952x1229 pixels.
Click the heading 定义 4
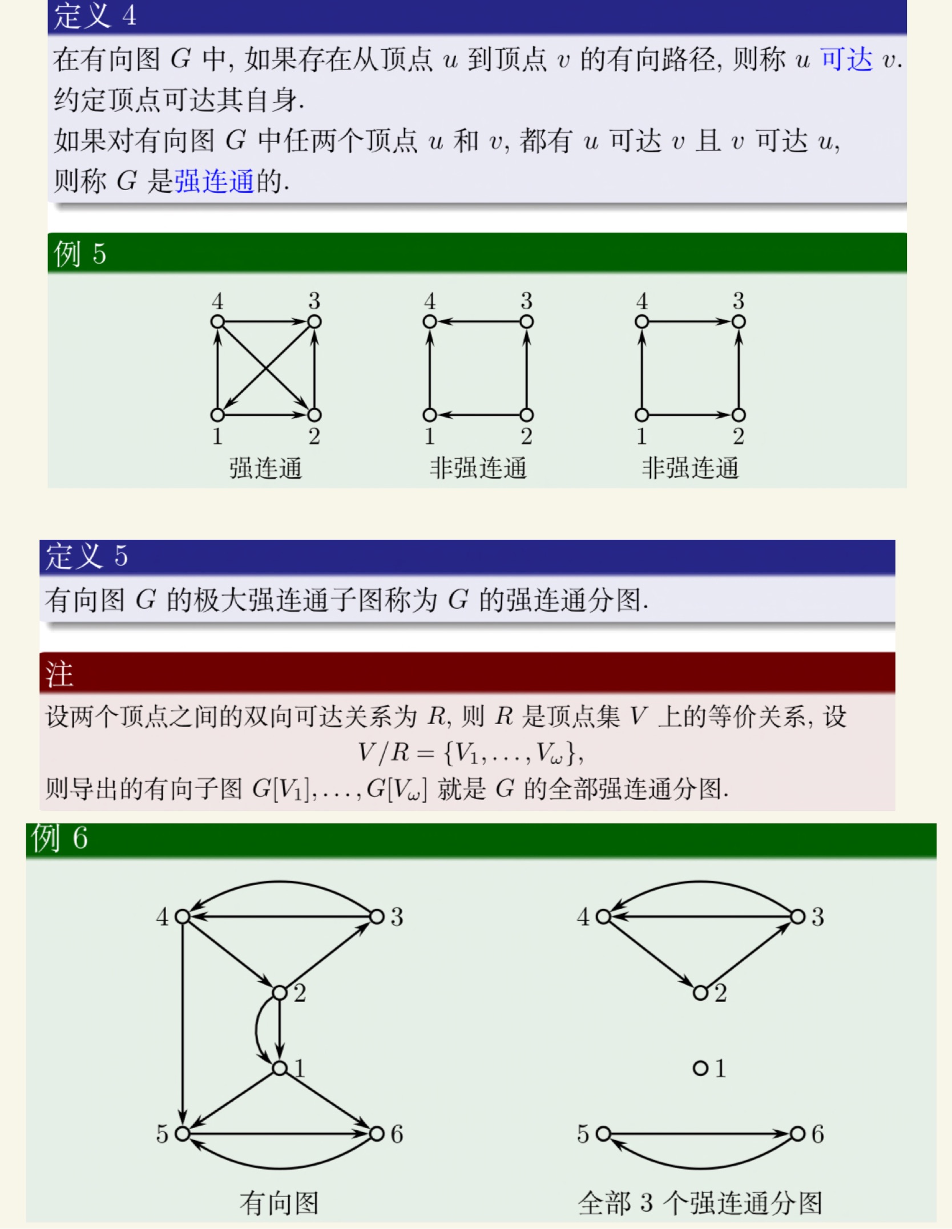[x=95, y=15]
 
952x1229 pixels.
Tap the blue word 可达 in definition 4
[x=846, y=59]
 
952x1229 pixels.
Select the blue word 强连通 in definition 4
[x=214, y=181]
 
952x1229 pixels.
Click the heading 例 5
[x=80, y=253]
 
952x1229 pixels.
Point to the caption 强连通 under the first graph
[x=265, y=468]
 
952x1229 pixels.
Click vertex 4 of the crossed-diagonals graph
[x=217, y=322]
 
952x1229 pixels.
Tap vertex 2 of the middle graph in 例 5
[x=526, y=415]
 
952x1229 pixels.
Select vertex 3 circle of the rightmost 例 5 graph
[x=739, y=322]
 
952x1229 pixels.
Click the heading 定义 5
[x=87, y=556]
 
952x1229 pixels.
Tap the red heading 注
[x=59, y=674]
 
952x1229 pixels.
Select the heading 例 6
[x=60, y=838]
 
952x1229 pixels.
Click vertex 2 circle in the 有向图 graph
[x=280, y=993]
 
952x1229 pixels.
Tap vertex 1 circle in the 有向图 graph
[x=280, y=1068]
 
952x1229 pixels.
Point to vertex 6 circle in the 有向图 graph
[x=377, y=1134]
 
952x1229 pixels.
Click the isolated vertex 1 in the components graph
[x=700, y=1068]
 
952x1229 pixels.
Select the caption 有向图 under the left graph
[x=279, y=1203]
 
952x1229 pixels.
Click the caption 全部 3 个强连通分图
[x=700, y=1203]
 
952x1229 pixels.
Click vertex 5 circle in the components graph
[x=603, y=1134]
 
